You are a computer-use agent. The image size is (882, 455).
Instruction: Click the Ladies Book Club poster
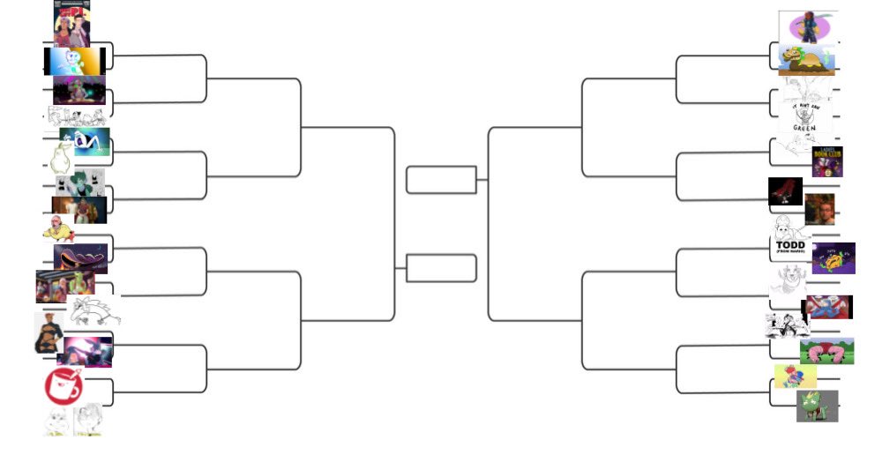tap(826, 161)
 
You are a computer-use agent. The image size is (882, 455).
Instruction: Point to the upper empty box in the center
tap(441, 179)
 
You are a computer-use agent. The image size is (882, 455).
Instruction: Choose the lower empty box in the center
tap(441, 268)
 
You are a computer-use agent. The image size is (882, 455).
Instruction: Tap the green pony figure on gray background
tap(817, 407)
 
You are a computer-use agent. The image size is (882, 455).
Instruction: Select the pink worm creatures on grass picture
tap(826, 351)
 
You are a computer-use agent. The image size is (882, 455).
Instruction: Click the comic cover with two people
tap(71, 24)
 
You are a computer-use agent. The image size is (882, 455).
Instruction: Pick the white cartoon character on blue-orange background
tap(75, 61)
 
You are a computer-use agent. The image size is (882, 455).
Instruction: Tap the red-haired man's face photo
tap(819, 209)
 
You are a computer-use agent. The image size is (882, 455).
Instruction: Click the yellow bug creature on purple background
tap(833, 258)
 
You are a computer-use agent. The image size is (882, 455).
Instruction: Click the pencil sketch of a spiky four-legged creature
tap(93, 311)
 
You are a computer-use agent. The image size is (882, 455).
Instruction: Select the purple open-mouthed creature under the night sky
tap(81, 257)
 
